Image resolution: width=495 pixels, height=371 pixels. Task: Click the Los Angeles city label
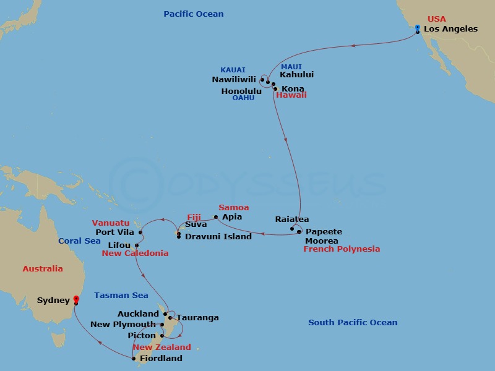[x=450, y=29]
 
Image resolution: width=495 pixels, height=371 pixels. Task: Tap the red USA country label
[x=436, y=19]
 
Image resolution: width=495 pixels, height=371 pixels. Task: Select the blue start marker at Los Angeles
[x=418, y=27]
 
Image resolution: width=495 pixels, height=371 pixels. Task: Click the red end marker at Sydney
[x=76, y=299]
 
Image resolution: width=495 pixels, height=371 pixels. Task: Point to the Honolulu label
[x=241, y=92]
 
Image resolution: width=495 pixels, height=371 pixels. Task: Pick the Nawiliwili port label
[x=235, y=80]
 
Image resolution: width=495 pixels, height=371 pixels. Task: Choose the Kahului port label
[x=297, y=75]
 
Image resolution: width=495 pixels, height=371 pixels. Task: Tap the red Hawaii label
[x=291, y=96]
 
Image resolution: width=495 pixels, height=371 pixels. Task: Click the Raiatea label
[x=292, y=220]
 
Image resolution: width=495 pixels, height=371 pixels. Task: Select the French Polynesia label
[x=342, y=249]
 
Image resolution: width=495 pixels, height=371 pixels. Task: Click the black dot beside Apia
[x=215, y=217]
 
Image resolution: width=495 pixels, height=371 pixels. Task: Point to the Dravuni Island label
[x=218, y=237]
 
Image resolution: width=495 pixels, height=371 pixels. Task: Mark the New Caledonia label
[x=135, y=254]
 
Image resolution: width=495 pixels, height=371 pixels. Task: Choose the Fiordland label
[x=161, y=359]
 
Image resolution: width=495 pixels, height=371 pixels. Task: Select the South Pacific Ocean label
[x=353, y=323]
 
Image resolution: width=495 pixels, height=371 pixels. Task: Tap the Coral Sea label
[x=79, y=241]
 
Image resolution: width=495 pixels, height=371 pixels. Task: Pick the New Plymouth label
[x=123, y=325]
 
